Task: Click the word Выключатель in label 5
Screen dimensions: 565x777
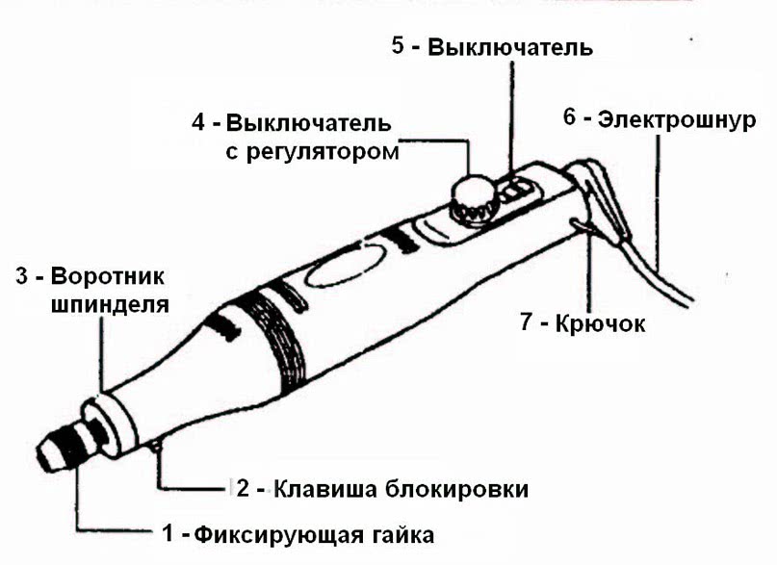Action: click(510, 47)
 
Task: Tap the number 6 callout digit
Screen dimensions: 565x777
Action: click(569, 118)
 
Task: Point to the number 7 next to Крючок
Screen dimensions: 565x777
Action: click(526, 322)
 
